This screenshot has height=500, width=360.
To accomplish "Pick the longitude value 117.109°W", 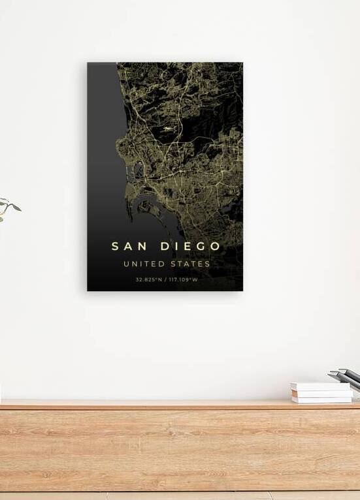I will pos(184,280).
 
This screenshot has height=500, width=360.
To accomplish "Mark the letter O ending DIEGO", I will pos(215,246).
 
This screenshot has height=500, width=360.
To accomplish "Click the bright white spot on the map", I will pos(169,129).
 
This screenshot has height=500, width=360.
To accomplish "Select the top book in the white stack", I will pos(321,386).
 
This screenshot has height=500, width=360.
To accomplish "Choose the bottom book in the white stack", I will pos(322,399).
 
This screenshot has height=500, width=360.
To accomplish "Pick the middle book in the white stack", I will pos(322,393).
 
